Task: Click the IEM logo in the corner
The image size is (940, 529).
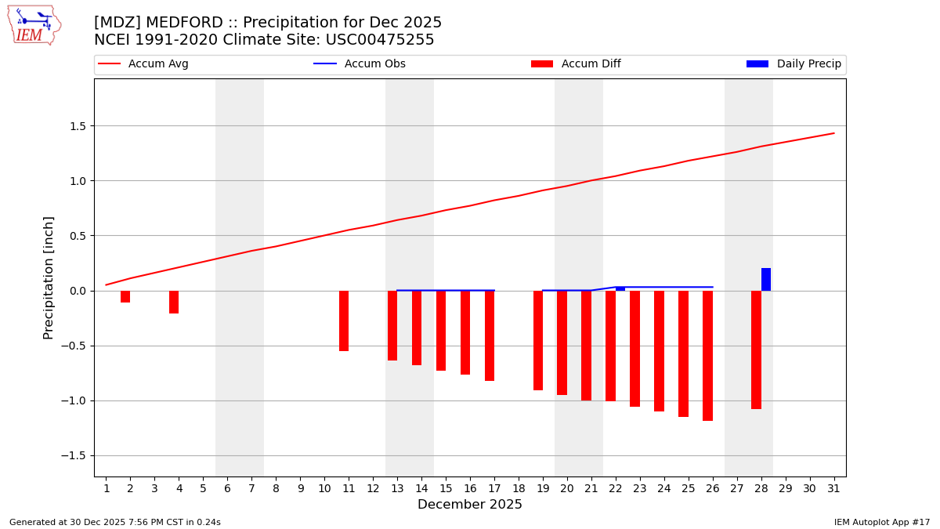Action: click(x=34, y=24)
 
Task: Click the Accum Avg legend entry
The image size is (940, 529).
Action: click(x=144, y=64)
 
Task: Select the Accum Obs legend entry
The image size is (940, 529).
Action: click(x=360, y=64)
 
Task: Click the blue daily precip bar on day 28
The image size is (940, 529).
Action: click(x=766, y=280)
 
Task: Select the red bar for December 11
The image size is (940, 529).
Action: click(x=344, y=321)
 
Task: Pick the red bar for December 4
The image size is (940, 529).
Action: click(x=174, y=302)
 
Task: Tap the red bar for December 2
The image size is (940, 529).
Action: click(x=125, y=296)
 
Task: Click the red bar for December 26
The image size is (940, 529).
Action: click(x=707, y=355)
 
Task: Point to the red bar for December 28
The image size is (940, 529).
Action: click(x=756, y=350)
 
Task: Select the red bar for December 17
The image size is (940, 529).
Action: click(x=490, y=335)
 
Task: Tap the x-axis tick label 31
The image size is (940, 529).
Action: click(x=833, y=488)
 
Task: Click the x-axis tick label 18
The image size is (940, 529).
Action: click(x=519, y=488)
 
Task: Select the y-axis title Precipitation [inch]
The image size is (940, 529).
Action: click(x=49, y=277)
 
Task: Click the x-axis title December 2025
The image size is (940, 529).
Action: click(x=469, y=505)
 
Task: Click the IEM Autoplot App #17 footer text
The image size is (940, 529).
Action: click(x=882, y=522)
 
